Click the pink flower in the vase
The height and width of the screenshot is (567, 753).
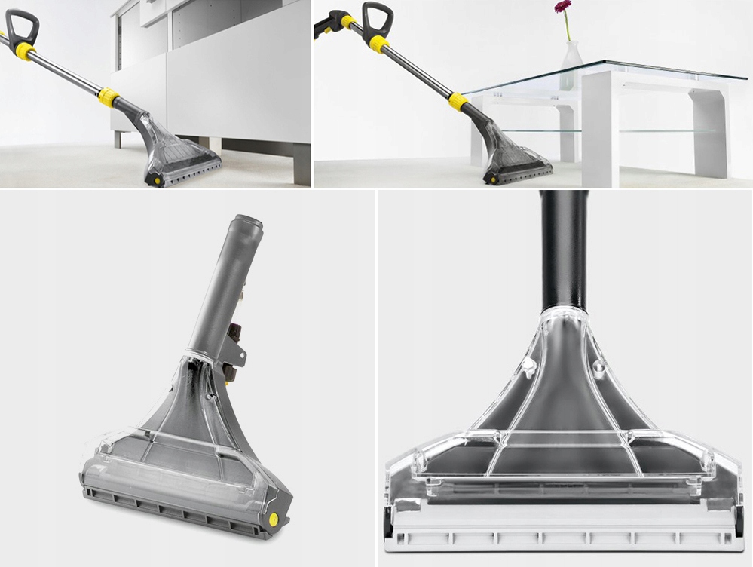[562, 7]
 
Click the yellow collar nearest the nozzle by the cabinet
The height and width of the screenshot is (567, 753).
[109, 97]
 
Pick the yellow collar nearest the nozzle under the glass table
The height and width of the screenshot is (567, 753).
[458, 102]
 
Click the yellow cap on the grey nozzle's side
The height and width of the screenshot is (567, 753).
[272, 519]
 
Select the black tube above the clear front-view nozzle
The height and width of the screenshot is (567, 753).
[564, 249]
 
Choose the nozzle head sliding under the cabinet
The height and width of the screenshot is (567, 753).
[181, 155]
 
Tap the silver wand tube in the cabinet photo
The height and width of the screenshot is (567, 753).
[68, 72]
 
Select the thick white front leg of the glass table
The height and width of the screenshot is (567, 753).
[599, 128]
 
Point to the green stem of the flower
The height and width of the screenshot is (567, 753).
[565, 27]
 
